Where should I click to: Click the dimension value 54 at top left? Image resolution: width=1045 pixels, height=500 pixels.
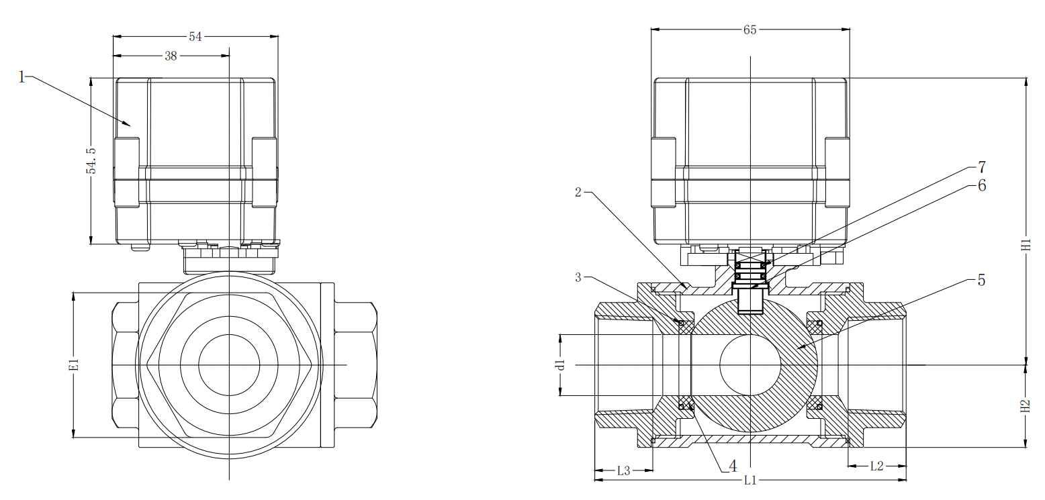195,37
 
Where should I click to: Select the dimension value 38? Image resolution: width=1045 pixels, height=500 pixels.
171,56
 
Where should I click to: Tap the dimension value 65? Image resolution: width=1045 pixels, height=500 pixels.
749,30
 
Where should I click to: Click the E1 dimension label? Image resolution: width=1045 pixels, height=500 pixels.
75,364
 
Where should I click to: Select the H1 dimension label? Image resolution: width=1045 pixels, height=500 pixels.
1026,245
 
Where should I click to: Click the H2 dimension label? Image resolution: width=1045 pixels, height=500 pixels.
1026,406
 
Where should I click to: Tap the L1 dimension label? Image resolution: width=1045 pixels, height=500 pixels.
750,480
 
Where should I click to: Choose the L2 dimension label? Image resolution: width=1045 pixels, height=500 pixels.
876,466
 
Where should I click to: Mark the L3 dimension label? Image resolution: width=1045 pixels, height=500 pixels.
623,470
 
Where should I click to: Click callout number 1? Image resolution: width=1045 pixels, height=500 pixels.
21,77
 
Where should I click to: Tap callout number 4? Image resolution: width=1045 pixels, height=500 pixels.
733,466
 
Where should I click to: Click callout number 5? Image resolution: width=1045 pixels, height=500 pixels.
981,281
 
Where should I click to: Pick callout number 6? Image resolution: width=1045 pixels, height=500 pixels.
981,186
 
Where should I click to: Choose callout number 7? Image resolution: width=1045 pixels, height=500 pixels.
981,166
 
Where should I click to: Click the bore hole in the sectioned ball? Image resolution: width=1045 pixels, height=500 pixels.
750,364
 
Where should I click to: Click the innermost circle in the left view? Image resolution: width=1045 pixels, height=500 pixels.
229,364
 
